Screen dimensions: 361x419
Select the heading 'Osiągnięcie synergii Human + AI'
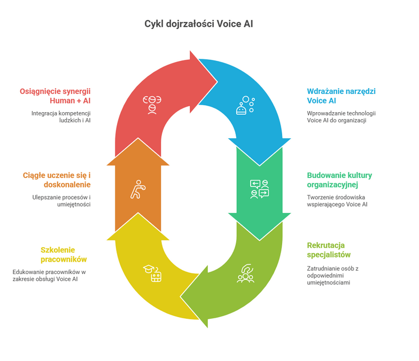(x=55, y=96)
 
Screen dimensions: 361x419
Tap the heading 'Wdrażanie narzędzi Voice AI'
(x=341, y=96)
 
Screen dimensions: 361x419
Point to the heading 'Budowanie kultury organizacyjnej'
(x=339, y=180)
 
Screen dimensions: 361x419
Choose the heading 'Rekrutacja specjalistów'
(x=329, y=250)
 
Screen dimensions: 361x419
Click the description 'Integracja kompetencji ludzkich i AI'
(x=60, y=117)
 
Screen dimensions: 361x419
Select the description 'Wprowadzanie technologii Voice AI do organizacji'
(x=342, y=117)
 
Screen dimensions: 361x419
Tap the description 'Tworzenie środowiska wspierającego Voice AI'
(x=337, y=201)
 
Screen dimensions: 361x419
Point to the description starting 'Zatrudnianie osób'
(x=332, y=275)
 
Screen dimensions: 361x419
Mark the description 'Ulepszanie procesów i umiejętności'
(x=60, y=201)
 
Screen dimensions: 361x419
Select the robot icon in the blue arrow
(x=244, y=105)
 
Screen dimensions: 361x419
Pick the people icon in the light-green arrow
(x=245, y=273)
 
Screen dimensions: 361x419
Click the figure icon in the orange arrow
(x=138, y=190)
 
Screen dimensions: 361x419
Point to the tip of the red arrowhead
(x=217, y=81)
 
